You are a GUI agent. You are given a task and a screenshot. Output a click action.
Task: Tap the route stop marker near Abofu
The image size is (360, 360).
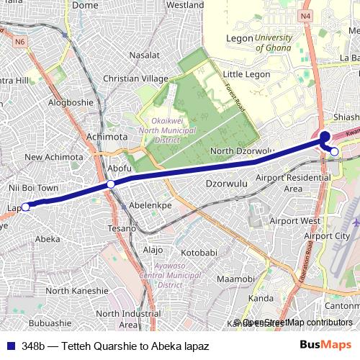coord(111,185)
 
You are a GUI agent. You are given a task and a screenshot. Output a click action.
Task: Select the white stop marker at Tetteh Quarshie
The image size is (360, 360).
coord(335,150)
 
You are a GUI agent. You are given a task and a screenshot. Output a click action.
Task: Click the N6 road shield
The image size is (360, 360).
coord(19,42)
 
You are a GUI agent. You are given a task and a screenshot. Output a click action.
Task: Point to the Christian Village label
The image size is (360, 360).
coord(136,78)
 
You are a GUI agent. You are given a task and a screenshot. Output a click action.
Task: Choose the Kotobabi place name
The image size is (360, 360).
coord(199,253)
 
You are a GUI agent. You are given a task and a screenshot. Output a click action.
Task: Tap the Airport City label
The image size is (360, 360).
coord(326,235)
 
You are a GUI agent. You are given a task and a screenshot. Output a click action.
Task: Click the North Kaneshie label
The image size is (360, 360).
coord(78,291)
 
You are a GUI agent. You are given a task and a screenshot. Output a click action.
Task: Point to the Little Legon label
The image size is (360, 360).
coord(246,74)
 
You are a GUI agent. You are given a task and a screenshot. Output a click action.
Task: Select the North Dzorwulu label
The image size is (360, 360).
coord(243,151)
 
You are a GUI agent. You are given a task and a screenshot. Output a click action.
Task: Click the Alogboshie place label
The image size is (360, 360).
coord(71,102)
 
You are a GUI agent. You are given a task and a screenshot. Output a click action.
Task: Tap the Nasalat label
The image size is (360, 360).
coord(144,55)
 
